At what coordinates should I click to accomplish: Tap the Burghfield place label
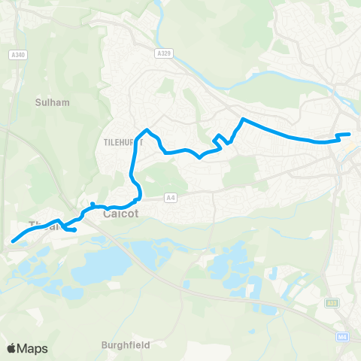click(125, 345)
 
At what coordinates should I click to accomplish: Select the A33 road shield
click(332, 302)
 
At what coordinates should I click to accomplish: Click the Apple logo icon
click(11, 348)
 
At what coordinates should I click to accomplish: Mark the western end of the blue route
click(13, 242)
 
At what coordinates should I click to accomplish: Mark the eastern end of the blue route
click(349, 135)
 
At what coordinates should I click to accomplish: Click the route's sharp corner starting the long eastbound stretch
click(242, 119)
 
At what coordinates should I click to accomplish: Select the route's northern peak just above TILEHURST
click(147, 130)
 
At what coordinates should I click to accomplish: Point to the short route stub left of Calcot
click(93, 204)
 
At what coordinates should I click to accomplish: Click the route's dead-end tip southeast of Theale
click(75, 229)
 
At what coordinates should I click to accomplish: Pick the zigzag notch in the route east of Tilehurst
click(218, 138)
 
